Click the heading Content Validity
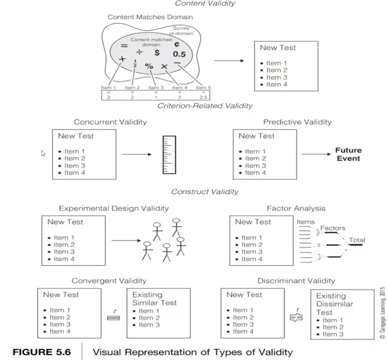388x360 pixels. pyautogui.click(x=205, y=4)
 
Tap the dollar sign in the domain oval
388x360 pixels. pyautogui.click(x=157, y=53)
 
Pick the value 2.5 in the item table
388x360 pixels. pyautogui.click(x=203, y=97)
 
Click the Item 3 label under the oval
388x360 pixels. pyautogui.click(x=156, y=88)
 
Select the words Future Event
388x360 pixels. pyautogui.click(x=348, y=154)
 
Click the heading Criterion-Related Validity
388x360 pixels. pyautogui.click(x=205, y=106)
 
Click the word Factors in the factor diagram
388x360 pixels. pyautogui.click(x=332, y=228)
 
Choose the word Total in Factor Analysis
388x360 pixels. pyautogui.click(x=357, y=240)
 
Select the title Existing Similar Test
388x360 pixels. pyautogui.click(x=154, y=299)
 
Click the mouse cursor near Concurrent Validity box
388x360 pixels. pyautogui.click(x=44, y=154)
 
